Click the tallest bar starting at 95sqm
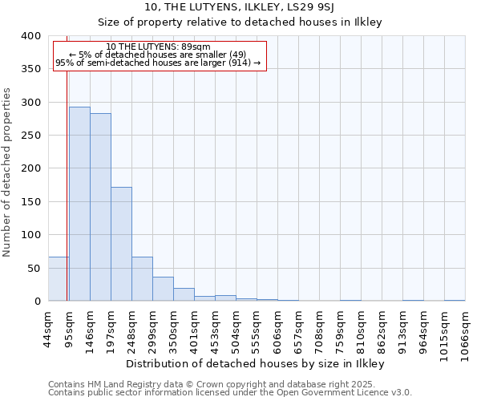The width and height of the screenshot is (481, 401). point(79,204)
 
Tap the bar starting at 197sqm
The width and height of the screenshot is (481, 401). point(121,244)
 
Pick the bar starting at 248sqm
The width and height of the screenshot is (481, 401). point(142,279)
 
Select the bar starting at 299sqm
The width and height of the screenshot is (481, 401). point(163,289)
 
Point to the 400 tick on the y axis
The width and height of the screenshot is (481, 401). point(30,36)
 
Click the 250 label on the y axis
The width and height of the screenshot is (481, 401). point(30,136)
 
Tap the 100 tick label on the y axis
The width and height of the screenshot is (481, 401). point(30,235)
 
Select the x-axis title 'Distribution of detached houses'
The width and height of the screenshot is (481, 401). point(256,363)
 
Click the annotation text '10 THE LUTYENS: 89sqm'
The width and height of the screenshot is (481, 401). point(158,47)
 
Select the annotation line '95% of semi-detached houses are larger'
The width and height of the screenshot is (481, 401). point(158,63)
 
